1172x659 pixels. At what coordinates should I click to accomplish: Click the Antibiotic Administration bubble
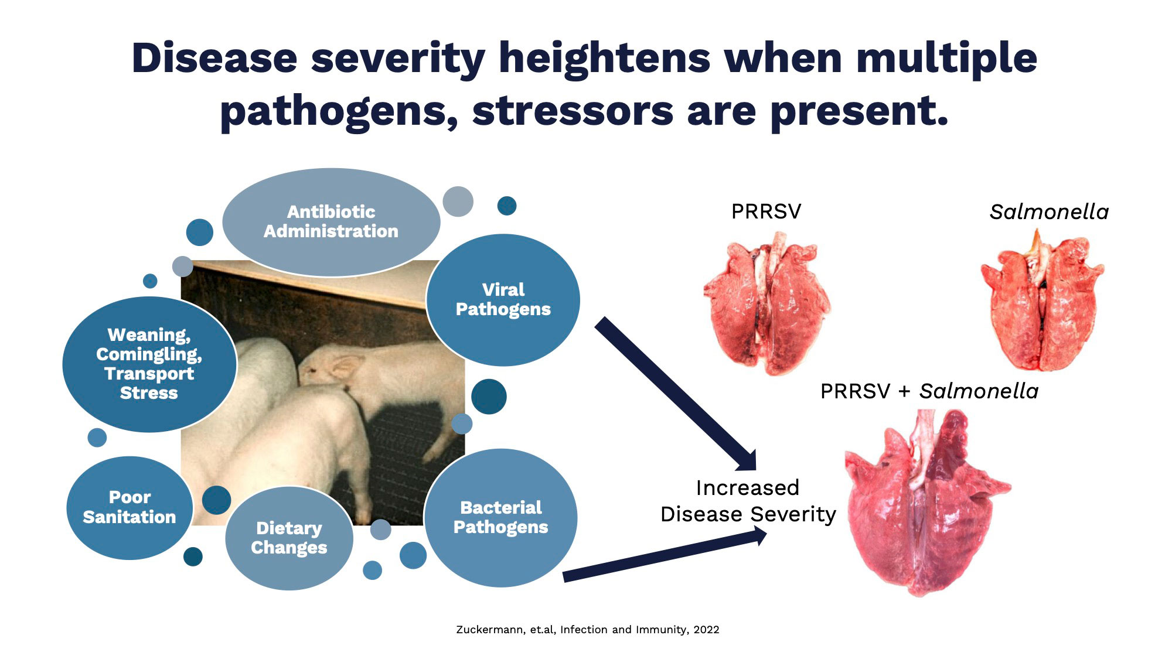click(x=331, y=222)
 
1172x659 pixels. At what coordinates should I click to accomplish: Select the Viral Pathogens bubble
click(x=503, y=300)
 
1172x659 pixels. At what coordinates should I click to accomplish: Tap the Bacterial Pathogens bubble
click(x=500, y=518)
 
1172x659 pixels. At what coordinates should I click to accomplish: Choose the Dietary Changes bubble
click(x=289, y=538)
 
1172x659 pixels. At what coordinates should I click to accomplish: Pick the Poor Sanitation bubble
click(x=130, y=508)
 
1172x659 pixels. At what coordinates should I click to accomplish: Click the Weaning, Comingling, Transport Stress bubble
click(x=149, y=364)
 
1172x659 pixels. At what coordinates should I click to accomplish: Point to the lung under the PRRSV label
click(x=766, y=303)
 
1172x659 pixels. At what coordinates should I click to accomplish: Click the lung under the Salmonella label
click(x=1042, y=300)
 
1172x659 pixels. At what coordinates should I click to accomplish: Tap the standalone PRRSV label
click(x=766, y=211)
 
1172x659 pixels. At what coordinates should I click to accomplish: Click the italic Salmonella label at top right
click(x=1049, y=211)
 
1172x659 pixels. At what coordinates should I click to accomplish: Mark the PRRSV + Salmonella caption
click(x=929, y=391)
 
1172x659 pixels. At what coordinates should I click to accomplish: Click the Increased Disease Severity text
click(x=748, y=501)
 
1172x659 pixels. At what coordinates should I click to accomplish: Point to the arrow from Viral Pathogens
click(x=676, y=394)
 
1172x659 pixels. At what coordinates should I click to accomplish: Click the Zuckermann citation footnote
click(x=588, y=630)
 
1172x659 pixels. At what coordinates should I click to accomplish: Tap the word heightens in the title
click(x=604, y=59)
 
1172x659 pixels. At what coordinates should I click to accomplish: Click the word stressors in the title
click(x=573, y=111)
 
